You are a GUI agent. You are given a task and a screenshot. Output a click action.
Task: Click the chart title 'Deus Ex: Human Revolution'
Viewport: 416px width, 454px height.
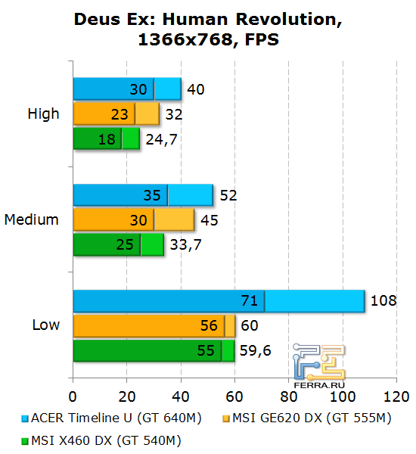pos(207,20)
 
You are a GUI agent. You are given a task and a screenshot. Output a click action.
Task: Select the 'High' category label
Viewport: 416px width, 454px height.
pos(43,114)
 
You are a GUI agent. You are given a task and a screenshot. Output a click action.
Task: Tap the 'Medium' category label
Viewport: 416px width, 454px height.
pos(32,219)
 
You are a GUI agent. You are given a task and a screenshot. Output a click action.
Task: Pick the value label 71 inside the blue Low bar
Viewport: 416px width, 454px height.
pos(250,300)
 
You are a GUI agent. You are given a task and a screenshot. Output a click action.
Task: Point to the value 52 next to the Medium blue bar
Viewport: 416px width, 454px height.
pos(228,195)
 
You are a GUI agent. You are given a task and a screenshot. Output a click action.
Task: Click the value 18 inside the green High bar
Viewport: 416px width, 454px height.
pos(107,139)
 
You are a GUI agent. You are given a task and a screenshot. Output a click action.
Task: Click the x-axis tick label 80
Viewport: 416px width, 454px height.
pos(289,396)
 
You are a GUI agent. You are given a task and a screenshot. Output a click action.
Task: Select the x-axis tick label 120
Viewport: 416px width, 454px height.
pos(396,396)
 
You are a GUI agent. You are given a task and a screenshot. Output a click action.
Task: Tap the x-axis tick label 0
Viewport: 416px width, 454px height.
pos(73,396)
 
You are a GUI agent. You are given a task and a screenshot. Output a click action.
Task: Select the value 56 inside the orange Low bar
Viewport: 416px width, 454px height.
pos(209,326)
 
